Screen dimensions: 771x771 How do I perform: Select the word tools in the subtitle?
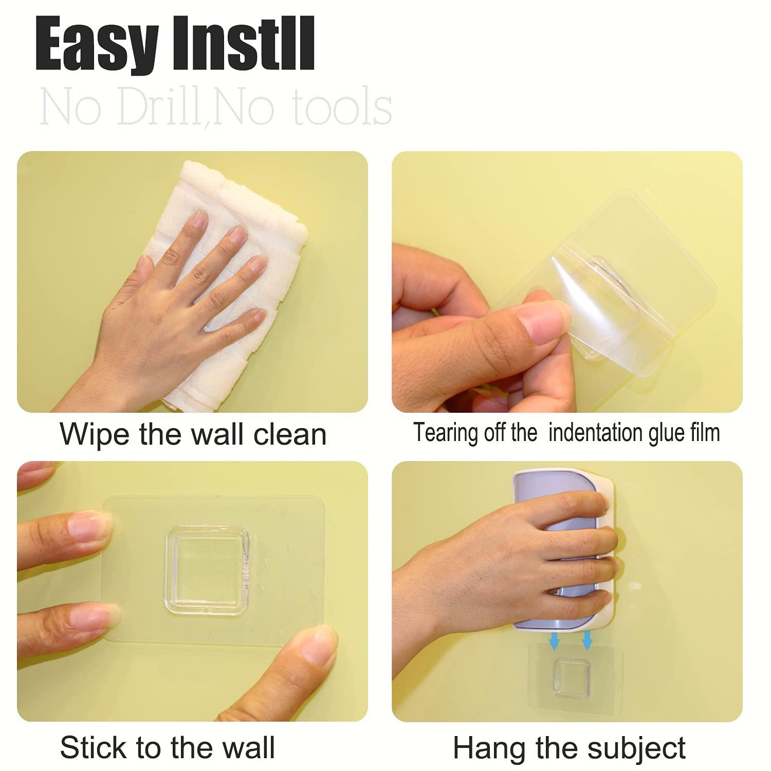(336, 108)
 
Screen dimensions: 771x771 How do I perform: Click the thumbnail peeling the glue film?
(542, 321)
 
